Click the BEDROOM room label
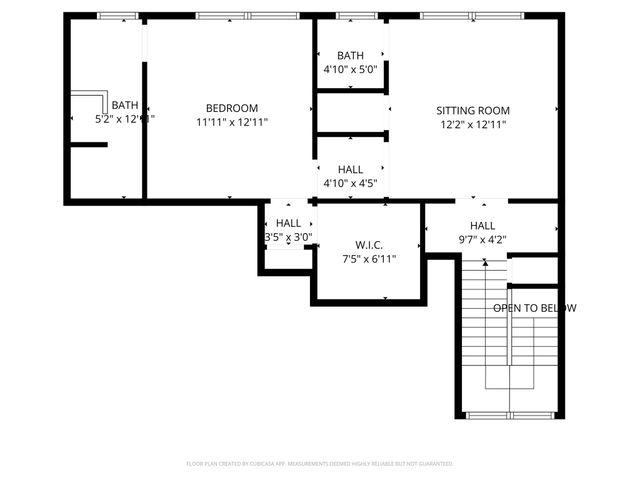(232, 108)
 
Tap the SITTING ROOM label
(473, 110)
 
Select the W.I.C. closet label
(369, 245)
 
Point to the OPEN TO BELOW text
(534, 308)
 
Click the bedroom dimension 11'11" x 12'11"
(232, 122)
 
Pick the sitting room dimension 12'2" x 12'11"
(473, 125)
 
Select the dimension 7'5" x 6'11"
(369, 259)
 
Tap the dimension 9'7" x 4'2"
(482, 240)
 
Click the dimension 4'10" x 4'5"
(350, 184)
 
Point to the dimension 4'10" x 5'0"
(350, 70)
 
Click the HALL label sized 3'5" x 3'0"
(288, 223)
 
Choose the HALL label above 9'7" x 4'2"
(482, 226)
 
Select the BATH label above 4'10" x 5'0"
(350, 56)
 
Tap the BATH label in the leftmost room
(125, 105)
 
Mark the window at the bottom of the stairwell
(510, 415)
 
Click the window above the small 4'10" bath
(350, 16)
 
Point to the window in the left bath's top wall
(117, 16)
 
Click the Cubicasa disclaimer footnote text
(320, 464)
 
